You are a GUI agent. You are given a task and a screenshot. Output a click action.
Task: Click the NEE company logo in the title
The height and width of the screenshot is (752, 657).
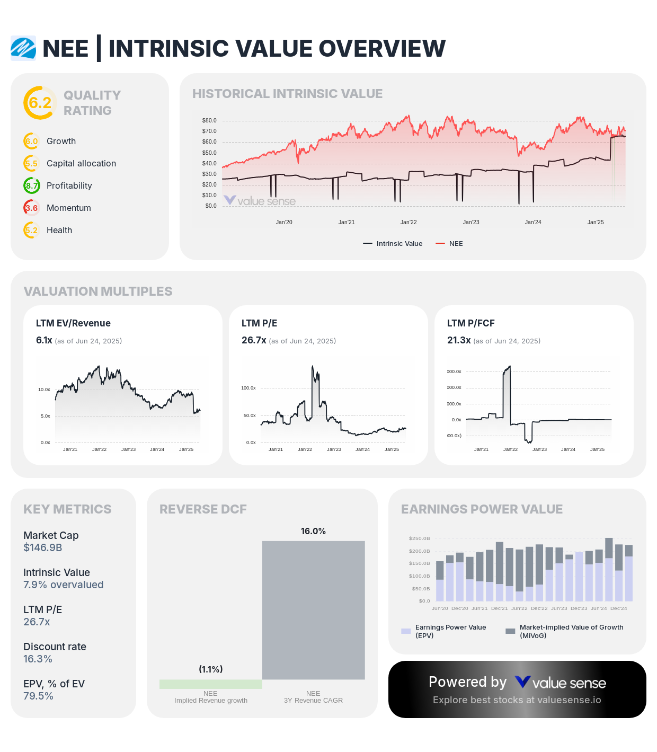pyautogui.click(x=23, y=48)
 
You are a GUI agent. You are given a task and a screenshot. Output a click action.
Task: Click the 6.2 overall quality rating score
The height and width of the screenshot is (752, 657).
pyautogui.click(x=40, y=103)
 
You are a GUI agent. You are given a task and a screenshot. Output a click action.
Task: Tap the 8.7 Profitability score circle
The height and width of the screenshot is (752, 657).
pyautogui.click(x=32, y=185)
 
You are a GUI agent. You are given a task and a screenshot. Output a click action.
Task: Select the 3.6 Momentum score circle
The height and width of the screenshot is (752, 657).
pyautogui.click(x=32, y=208)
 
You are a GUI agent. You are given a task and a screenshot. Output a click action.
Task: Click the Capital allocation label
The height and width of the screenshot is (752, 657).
pyautogui.click(x=81, y=163)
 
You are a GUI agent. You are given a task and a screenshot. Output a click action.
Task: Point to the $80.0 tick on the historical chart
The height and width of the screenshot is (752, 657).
pyautogui.click(x=209, y=120)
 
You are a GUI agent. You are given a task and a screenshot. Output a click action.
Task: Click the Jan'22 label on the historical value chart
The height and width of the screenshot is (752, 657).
pyautogui.click(x=409, y=222)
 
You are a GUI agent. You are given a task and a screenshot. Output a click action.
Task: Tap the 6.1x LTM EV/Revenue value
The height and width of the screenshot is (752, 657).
pyautogui.click(x=44, y=340)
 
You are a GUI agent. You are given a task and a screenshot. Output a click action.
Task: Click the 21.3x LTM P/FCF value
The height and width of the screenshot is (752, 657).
pyautogui.click(x=459, y=340)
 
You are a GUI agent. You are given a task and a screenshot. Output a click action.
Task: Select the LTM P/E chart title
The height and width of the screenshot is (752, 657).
pyautogui.click(x=259, y=323)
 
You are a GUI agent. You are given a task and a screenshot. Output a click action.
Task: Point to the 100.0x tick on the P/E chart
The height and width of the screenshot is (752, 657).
pyautogui.click(x=248, y=388)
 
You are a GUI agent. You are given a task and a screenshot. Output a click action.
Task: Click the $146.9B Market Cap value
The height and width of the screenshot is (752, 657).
pyautogui.click(x=43, y=547)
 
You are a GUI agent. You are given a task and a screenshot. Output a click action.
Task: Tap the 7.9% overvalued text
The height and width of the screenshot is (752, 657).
pyautogui.click(x=63, y=585)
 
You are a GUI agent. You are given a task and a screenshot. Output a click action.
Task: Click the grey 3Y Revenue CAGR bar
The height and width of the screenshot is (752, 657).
pyautogui.click(x=313, y=609)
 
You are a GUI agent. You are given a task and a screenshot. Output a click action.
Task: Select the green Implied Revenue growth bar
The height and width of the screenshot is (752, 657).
pyautogui.click(x=210, y=684)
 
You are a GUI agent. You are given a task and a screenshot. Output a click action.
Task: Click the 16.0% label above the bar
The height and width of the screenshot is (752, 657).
pyautogui.click(x=313, y=531)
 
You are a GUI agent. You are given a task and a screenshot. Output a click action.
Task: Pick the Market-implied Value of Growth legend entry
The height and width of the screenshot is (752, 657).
pyautogui.click(x=565, y=631)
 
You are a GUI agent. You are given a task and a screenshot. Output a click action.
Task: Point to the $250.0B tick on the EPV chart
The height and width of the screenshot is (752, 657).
pyautogui.click(x=419, y=538)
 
